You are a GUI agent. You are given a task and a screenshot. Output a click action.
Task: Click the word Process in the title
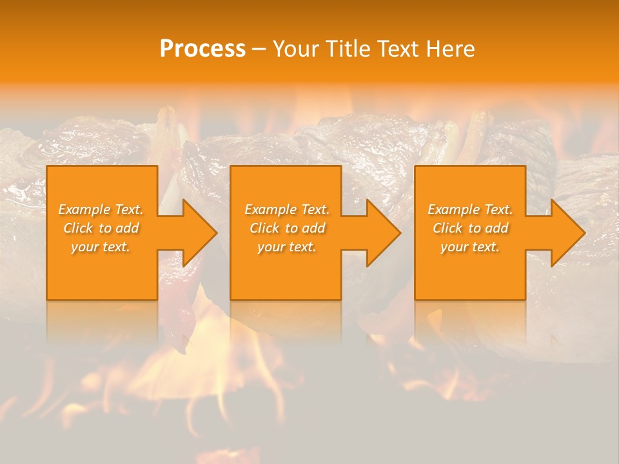[x=202, y=49]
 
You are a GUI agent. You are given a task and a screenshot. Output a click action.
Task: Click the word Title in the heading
[x=348, y=49]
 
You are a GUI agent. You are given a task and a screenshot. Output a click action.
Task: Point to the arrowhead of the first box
[x=199, y=233]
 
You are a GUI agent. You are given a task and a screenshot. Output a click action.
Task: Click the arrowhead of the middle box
[x=382, y=233]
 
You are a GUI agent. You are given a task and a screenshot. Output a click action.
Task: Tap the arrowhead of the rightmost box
[x=567, y=233]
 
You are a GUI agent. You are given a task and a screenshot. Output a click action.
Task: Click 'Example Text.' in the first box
[x=101, y=209]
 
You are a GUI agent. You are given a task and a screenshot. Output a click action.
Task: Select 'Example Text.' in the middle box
[x=287, y=209]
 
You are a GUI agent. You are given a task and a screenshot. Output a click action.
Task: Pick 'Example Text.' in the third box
[x=470, y=209]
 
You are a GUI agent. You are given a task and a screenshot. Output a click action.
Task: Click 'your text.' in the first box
[x=101, y=247]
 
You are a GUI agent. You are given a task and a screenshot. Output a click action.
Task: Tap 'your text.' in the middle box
[x=286, y=247]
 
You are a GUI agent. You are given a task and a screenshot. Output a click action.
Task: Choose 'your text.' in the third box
[x=469, y=247]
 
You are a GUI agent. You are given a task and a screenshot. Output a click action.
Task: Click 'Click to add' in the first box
[x=101, y=228]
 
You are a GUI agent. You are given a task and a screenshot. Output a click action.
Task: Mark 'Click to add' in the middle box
[x=287, y=228]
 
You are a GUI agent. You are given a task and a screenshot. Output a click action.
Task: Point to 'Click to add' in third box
[x=470, y=228]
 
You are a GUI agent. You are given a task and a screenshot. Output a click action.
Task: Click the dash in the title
[x=259, y=50]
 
